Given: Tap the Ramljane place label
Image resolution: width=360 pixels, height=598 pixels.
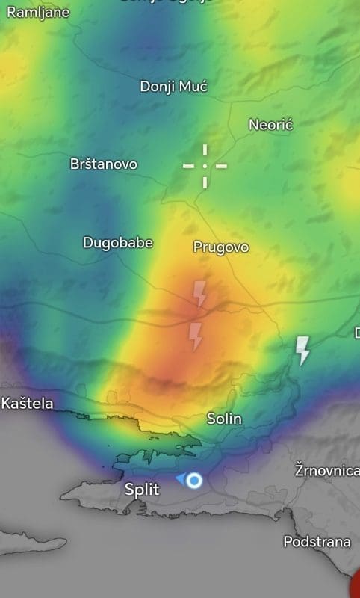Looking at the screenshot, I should coord(38,12).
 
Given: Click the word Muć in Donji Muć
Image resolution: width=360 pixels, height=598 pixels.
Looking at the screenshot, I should coord(193,87).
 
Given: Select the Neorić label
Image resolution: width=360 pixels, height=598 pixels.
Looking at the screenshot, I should coord(270,124).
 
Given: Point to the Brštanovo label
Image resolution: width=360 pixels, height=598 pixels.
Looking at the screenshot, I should coord(104,164).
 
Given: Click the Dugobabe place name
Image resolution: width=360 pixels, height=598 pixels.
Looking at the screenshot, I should coord(118,242).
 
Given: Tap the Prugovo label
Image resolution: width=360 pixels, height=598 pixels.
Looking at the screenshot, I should coord(221,247).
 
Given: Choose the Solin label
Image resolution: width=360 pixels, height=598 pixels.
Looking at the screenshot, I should coord(224,419).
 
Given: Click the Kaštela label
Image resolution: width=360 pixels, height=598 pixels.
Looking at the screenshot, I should coord(28,404).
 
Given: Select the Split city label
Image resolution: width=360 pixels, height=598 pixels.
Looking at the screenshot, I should coord(142,490).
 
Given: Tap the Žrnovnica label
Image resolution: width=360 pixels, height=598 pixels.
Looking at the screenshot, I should coord(327,471).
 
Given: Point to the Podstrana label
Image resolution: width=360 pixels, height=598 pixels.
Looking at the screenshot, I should coord(317,541).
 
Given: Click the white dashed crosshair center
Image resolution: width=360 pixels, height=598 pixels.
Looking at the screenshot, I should coord(205,165).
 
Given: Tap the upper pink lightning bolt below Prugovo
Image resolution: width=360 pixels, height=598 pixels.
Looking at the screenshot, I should coord(200,294).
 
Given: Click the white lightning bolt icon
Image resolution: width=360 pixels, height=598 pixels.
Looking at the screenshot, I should coord(302,350).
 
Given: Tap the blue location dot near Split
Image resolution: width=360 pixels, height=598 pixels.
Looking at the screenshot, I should coord(194,480).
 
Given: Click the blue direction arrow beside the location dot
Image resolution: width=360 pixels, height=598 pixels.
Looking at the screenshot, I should coord(180,478).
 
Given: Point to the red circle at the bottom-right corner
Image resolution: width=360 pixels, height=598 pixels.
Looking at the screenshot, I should coord(356,583).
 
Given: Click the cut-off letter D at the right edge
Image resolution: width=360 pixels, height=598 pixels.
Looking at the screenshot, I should coord(356,332).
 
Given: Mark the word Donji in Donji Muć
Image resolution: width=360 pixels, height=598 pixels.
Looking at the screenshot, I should coord(158,87).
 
